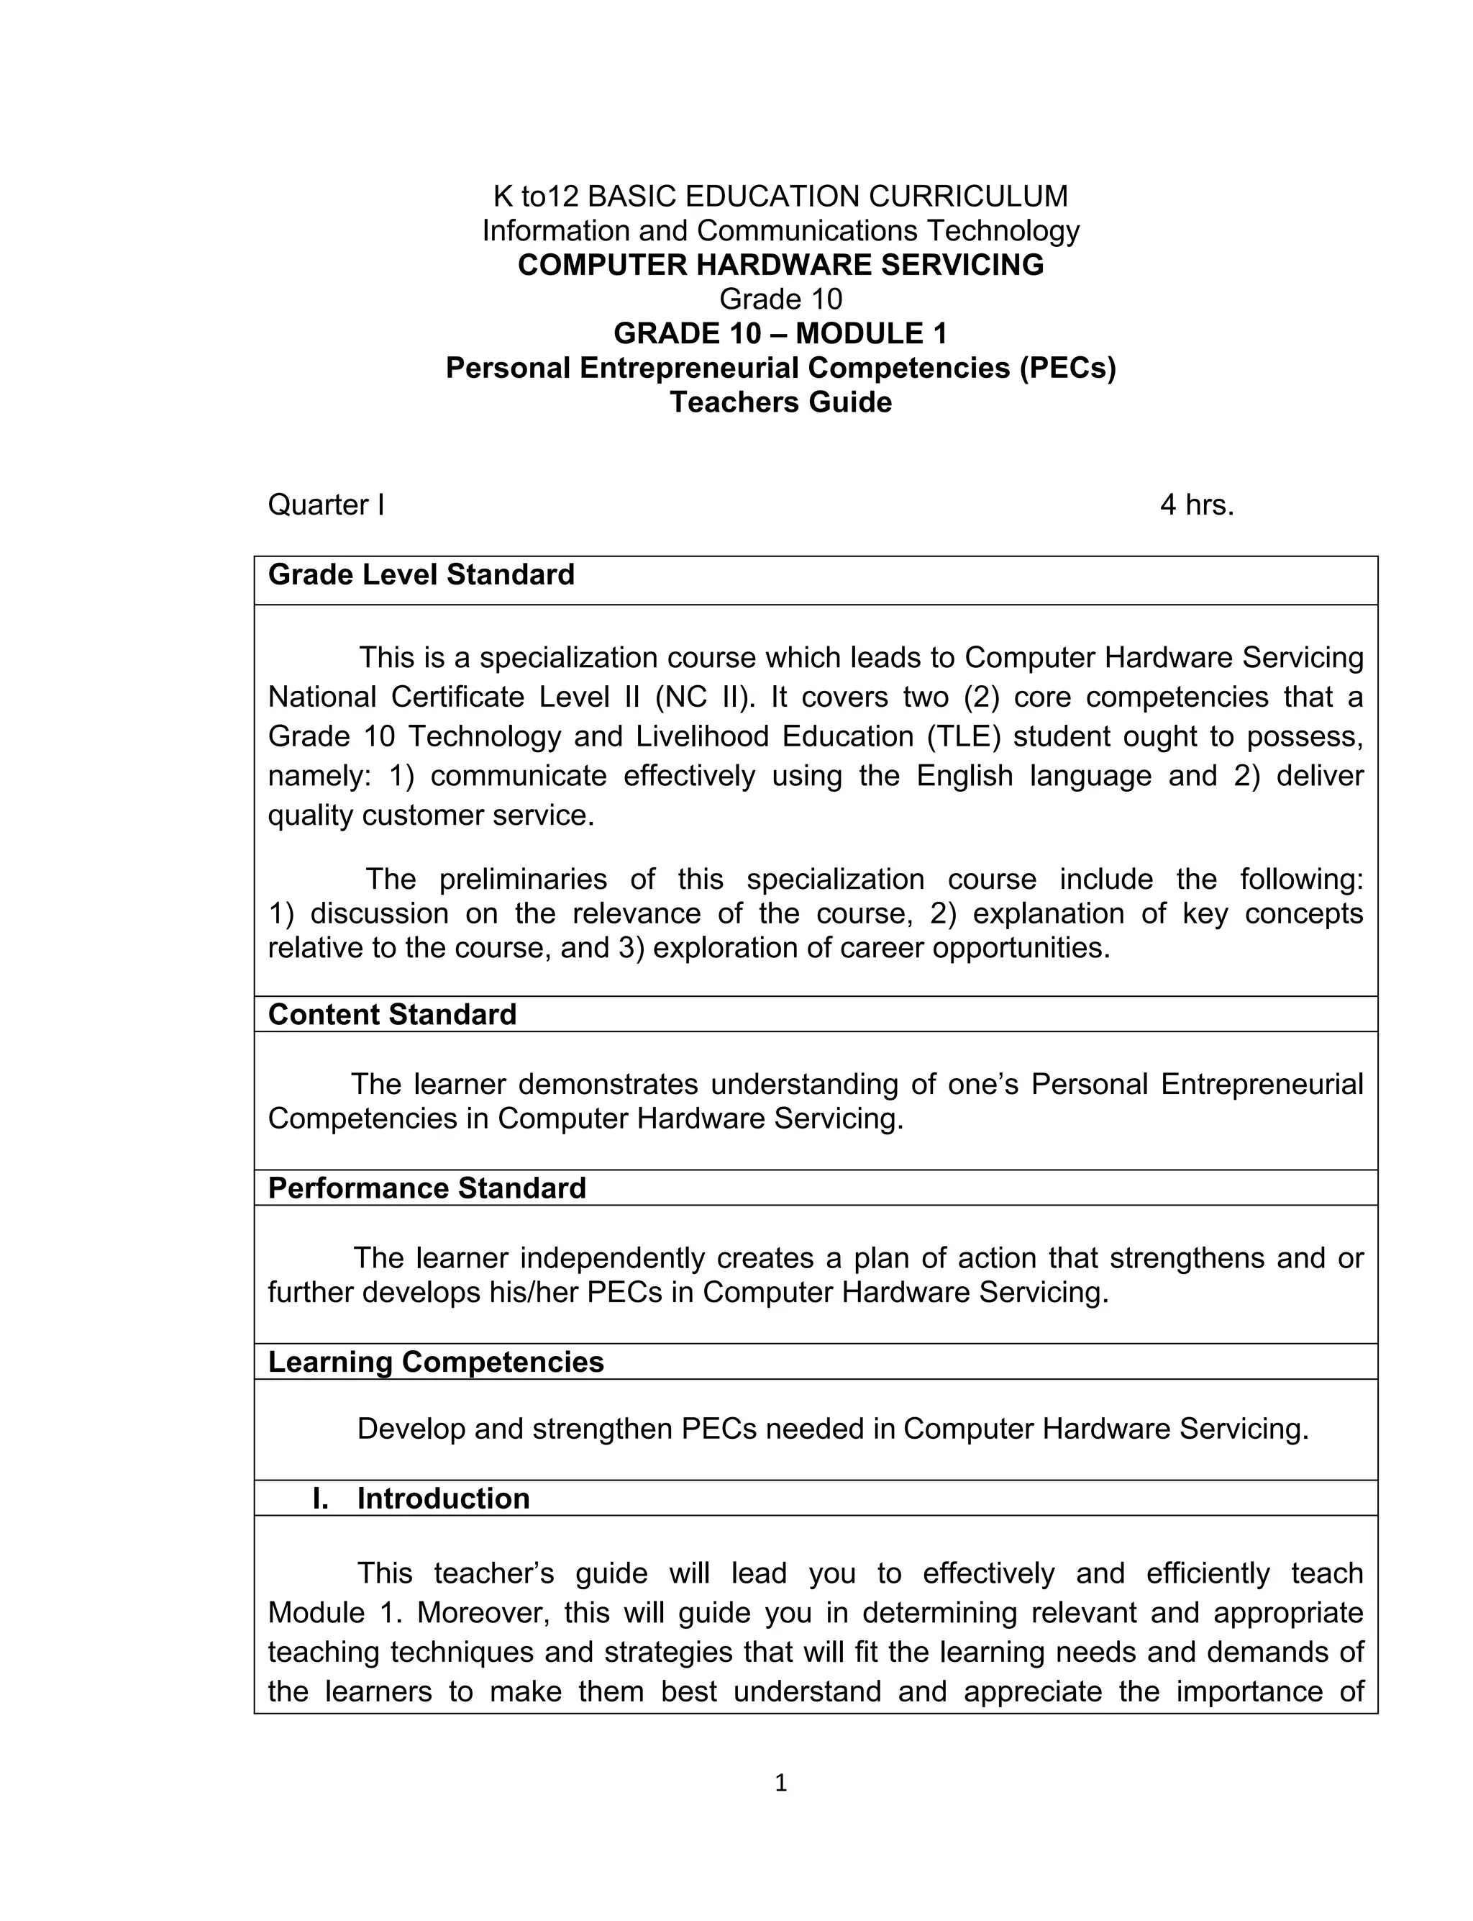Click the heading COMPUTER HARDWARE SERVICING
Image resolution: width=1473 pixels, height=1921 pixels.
(x=780, y=265)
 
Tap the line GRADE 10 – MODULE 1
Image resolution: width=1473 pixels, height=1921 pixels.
(x=780, y=333)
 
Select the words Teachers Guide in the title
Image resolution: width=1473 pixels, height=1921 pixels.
(x=780, y=402)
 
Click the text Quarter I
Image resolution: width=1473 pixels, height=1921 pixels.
(x=326, y=505)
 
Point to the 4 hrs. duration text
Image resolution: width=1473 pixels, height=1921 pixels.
(x=1196, y=505)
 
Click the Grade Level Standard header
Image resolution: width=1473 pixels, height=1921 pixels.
(x=421, y=574)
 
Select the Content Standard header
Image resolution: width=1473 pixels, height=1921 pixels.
(x=392, y=1014)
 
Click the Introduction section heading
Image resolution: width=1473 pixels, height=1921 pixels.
(x=443, y=1499)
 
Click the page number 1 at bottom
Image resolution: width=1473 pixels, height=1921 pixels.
(x=780, y=1784)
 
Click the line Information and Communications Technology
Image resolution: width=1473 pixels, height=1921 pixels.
(x=780, y=231)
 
